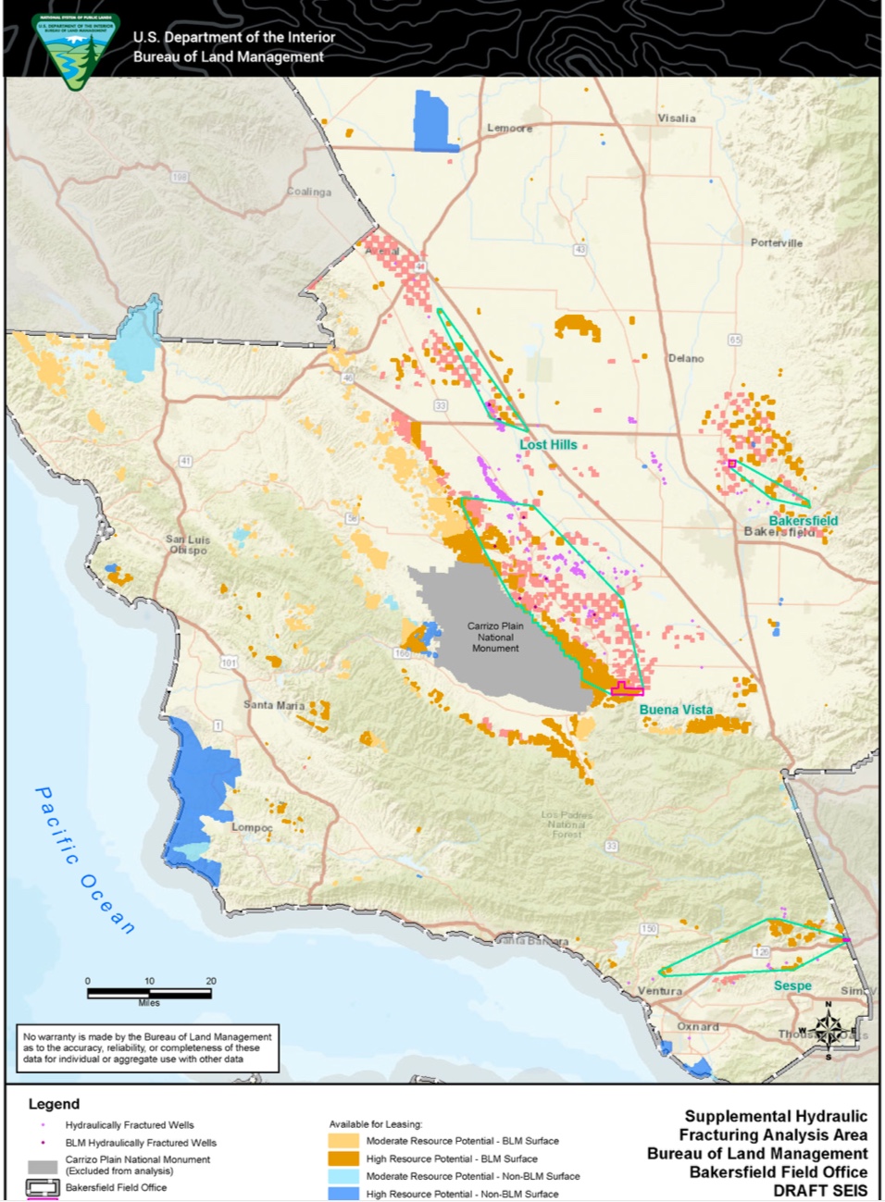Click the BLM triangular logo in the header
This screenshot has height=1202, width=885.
click(75, 50)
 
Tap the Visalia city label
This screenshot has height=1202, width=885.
click(677, 118)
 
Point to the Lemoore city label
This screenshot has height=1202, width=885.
click(510, 129)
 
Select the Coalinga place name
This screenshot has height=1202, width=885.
click(309, 192)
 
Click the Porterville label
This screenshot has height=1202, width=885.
click(777, 243)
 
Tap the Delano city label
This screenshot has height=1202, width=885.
click(686, 359)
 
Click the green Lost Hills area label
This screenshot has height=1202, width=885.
click(548, 445)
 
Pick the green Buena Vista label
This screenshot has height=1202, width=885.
click(676, 710)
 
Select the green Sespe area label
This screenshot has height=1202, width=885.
click(792, 986)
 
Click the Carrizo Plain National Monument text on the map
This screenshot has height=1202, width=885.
click(495, 638)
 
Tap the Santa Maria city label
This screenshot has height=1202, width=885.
click(274, 705)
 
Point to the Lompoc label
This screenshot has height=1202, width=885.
click(252, 827)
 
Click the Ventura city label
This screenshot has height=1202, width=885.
click(660, 991)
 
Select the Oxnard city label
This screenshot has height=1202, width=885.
click(698, 1027)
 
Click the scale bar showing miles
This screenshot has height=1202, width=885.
click(149, 993)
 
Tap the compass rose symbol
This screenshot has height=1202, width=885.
click(828, 1029)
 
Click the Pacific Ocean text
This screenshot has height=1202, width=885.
click(84, 861)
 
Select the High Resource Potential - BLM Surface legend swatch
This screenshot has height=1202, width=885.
click(343, 1159)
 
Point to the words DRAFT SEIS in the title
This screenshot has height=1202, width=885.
click(820, 1191)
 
